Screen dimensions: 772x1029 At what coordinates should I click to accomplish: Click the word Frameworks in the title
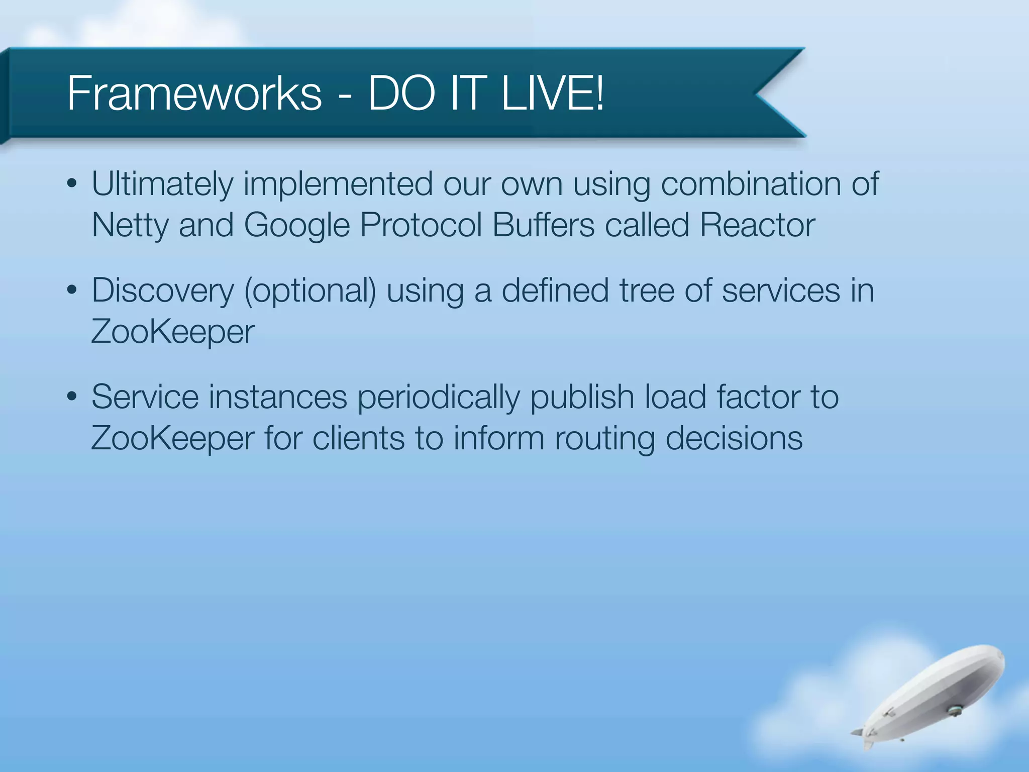pyautogui.click(x=194, y=93)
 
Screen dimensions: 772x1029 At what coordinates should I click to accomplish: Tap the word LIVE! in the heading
pyautogui.click(x=553, y=93)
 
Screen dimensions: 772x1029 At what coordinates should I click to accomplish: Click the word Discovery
pyautogui.click(x=163, y=291)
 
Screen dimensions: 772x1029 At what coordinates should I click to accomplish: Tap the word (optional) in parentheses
pyautogui.click(x=310, y=291)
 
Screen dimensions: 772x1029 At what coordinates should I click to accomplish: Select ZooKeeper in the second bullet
pyautogui.click(x=172, y=332)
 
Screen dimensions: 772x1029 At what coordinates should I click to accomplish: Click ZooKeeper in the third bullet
pyautogui.click(x=172, y=438)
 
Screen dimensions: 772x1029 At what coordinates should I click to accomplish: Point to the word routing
pyautogui.click(x=605, y=438)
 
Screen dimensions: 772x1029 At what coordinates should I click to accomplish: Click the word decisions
pyautogui.click(x=734, y=438)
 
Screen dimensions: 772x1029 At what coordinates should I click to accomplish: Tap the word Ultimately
pyautogui.click(x=162, y=184)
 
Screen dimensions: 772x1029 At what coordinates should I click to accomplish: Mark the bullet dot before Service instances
pyautogui.click(x=72, y=397)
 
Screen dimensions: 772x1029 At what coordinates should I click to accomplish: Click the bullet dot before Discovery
pyautogui.click(x=72, y=290)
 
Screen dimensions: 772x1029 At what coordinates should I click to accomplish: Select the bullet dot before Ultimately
pyautogui.click(x=72, y=183)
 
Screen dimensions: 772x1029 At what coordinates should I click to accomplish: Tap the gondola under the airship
pyautogui.click(x=954, y=710)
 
